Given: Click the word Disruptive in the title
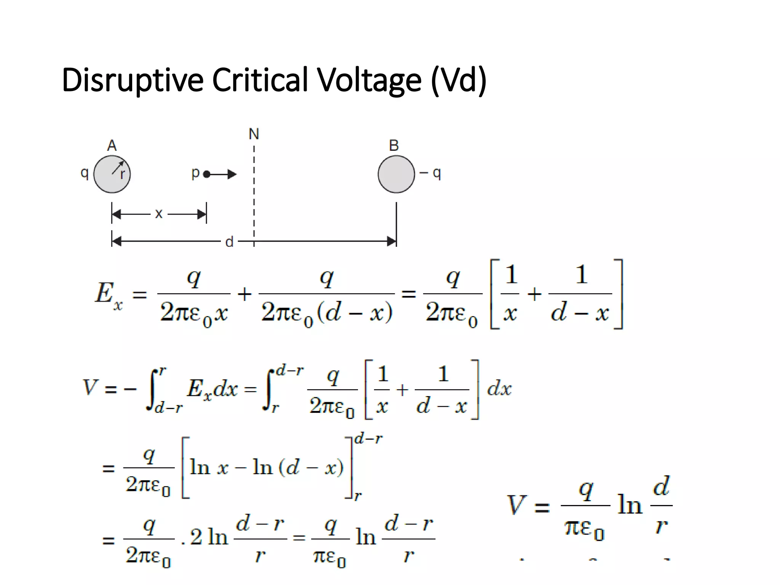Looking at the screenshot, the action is [133, 80].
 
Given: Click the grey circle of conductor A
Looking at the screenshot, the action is [112, 174].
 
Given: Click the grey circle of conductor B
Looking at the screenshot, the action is [396, 174].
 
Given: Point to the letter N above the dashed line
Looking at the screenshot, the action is [254, 134].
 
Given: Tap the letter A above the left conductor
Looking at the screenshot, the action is [112, 145].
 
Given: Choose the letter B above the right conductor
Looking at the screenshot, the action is [394, 145].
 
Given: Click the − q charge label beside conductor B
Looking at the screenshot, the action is [430, 174].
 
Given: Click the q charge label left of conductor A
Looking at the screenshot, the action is [85, 174].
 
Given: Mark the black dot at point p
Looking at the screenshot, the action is [207, 174].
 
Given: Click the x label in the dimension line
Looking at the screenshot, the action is [159, 214].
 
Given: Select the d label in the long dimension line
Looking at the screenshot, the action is [229, 241].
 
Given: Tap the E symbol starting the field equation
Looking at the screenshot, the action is [104, 293].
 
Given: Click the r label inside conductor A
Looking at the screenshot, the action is [122, 174].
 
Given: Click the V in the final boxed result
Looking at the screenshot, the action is [517, 505].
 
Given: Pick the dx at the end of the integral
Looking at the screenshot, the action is [499, 389].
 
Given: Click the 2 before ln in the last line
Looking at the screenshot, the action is [196, 537].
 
